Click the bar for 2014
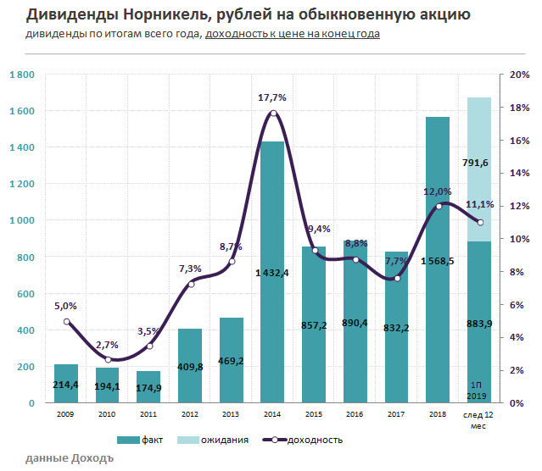[x=272, y=271]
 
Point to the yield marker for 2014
[x=273, y=114]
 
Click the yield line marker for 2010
[x=108, y=359]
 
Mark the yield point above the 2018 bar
[x=439, y=206]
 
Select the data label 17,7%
[x=271, y=97]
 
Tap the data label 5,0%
[x=66, y=306]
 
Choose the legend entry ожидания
[x=216, y=440]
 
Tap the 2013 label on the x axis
[x=232, y=415]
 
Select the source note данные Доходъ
[x=69, y=458]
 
